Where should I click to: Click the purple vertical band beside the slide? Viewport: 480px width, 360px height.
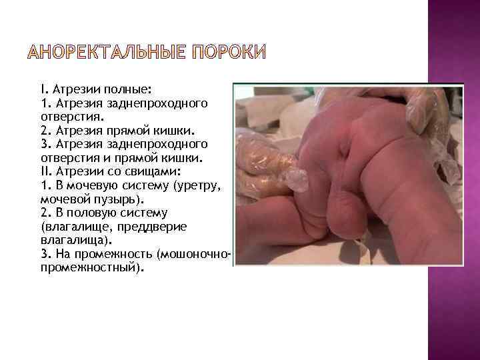click(453, 180)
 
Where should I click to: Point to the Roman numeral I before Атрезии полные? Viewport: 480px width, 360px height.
click(42, 88)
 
